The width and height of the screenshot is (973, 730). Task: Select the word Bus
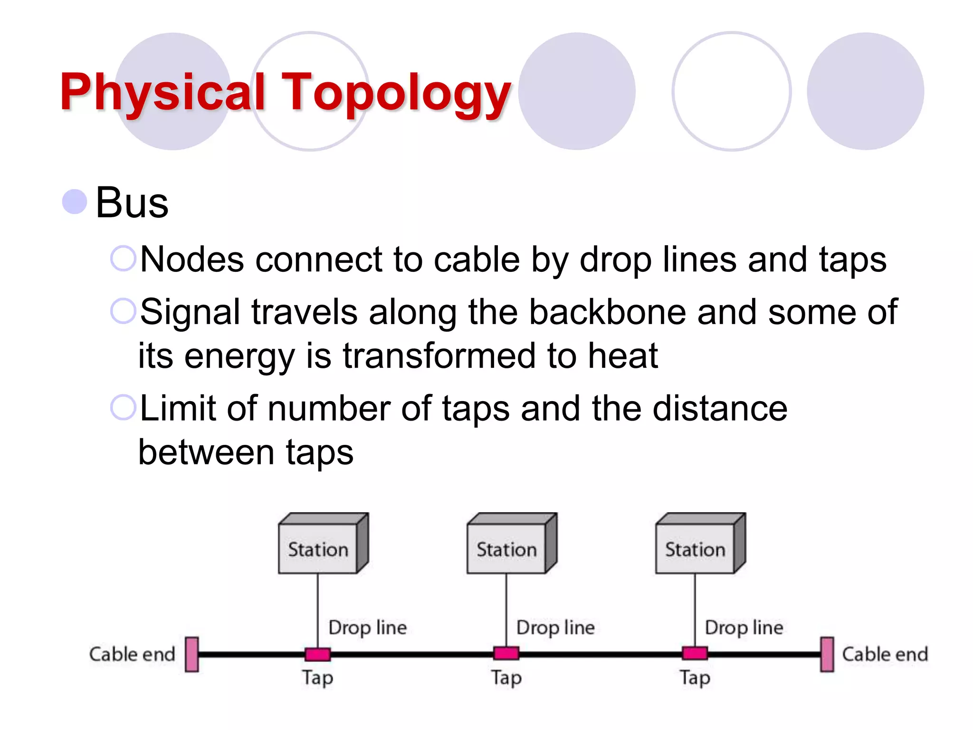pos(132,203)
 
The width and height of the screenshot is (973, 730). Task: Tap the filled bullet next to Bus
pos(75,202)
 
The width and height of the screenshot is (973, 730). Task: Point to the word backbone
pos(607,312)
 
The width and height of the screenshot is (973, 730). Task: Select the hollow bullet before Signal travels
pos(123,311)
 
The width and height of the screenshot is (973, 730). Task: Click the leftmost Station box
pos(318,548)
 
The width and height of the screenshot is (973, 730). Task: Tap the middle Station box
pos(507,548)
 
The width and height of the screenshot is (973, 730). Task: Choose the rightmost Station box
pos(696,548)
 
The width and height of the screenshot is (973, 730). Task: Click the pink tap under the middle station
pos(506,654)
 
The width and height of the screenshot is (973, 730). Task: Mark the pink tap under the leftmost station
pos(318,654)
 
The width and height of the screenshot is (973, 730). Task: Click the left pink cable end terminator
pos(192,654)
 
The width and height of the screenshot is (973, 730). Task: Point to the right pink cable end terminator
pos(827,654)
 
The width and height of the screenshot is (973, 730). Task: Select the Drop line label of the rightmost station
pos(744,627)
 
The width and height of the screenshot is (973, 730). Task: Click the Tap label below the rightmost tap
pos(695,678)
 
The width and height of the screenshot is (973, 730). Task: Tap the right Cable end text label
pos(885,654)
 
